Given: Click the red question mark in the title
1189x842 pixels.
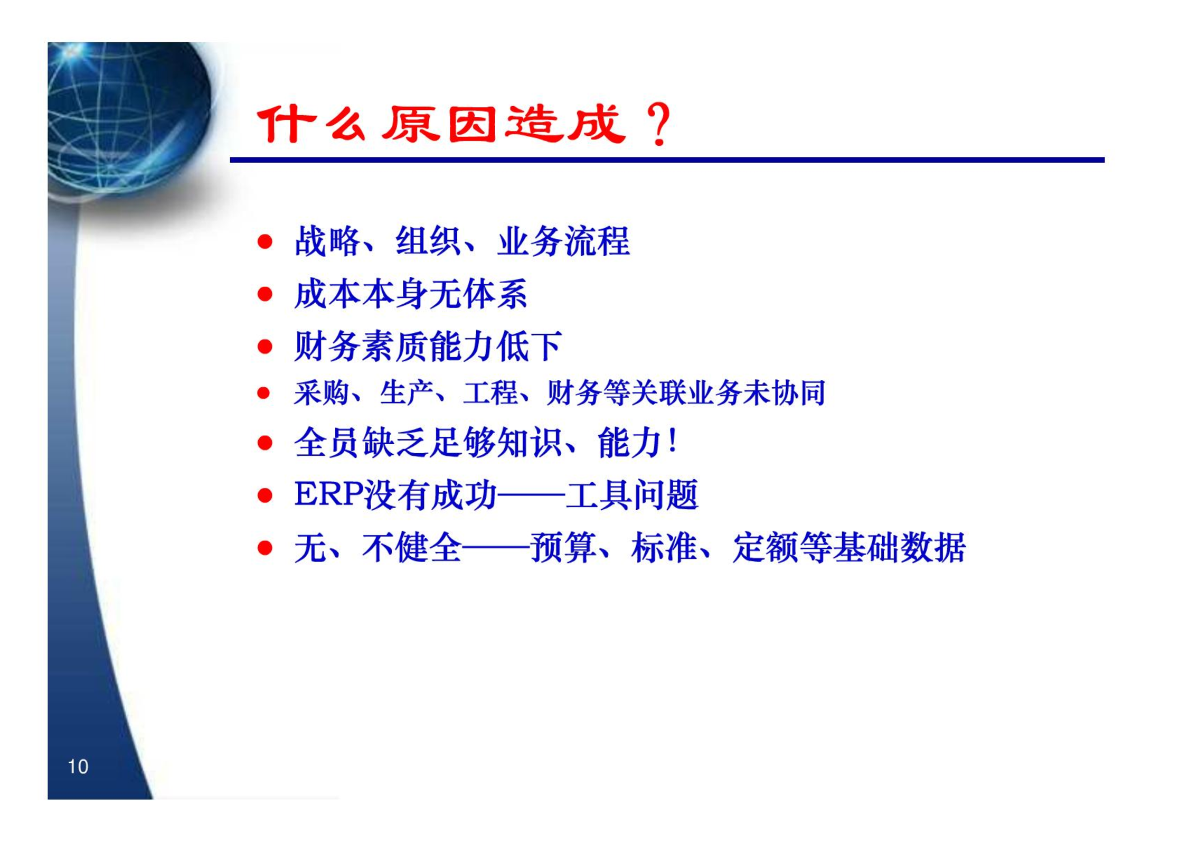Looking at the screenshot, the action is pos(658,125).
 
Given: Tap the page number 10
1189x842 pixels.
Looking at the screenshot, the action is pos(78,766).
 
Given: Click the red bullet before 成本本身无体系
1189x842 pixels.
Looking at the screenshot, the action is pos(265,294).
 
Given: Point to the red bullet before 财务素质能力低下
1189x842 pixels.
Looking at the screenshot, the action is pos(265,347).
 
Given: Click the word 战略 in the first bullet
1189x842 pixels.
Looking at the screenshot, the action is pos(327,241).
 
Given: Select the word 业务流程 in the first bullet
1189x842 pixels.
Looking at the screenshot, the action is pos(563,241).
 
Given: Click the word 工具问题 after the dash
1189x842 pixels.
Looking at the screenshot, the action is pos(631,495).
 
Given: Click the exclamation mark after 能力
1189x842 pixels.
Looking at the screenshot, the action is pos(672,441).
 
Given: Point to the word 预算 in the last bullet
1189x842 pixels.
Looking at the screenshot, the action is pos(564,548).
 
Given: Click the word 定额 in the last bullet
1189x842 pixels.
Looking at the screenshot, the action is pos(766,548).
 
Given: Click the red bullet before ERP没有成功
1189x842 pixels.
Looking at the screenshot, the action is pos(265,495).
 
